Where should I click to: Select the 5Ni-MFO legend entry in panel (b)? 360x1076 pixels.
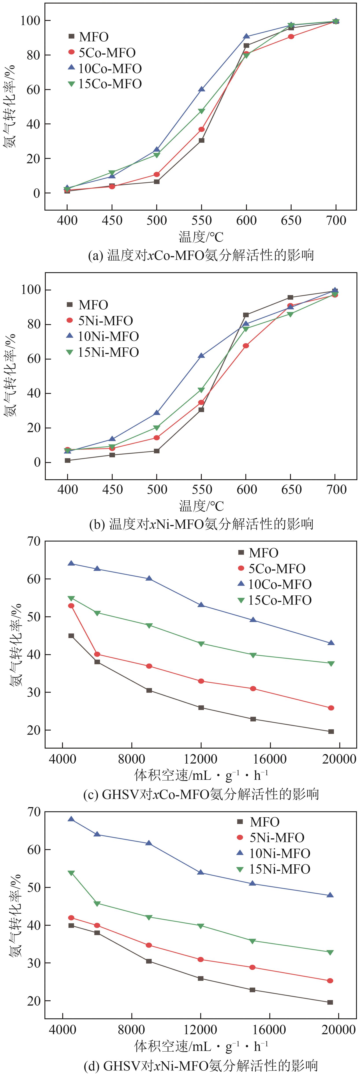click(105, 321)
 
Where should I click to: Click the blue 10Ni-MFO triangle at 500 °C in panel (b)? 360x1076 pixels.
click(157, 413)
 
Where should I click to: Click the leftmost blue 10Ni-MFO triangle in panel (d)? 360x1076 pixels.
click(72, 819)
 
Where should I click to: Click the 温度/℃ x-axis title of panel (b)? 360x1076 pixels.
click(201, 506)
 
